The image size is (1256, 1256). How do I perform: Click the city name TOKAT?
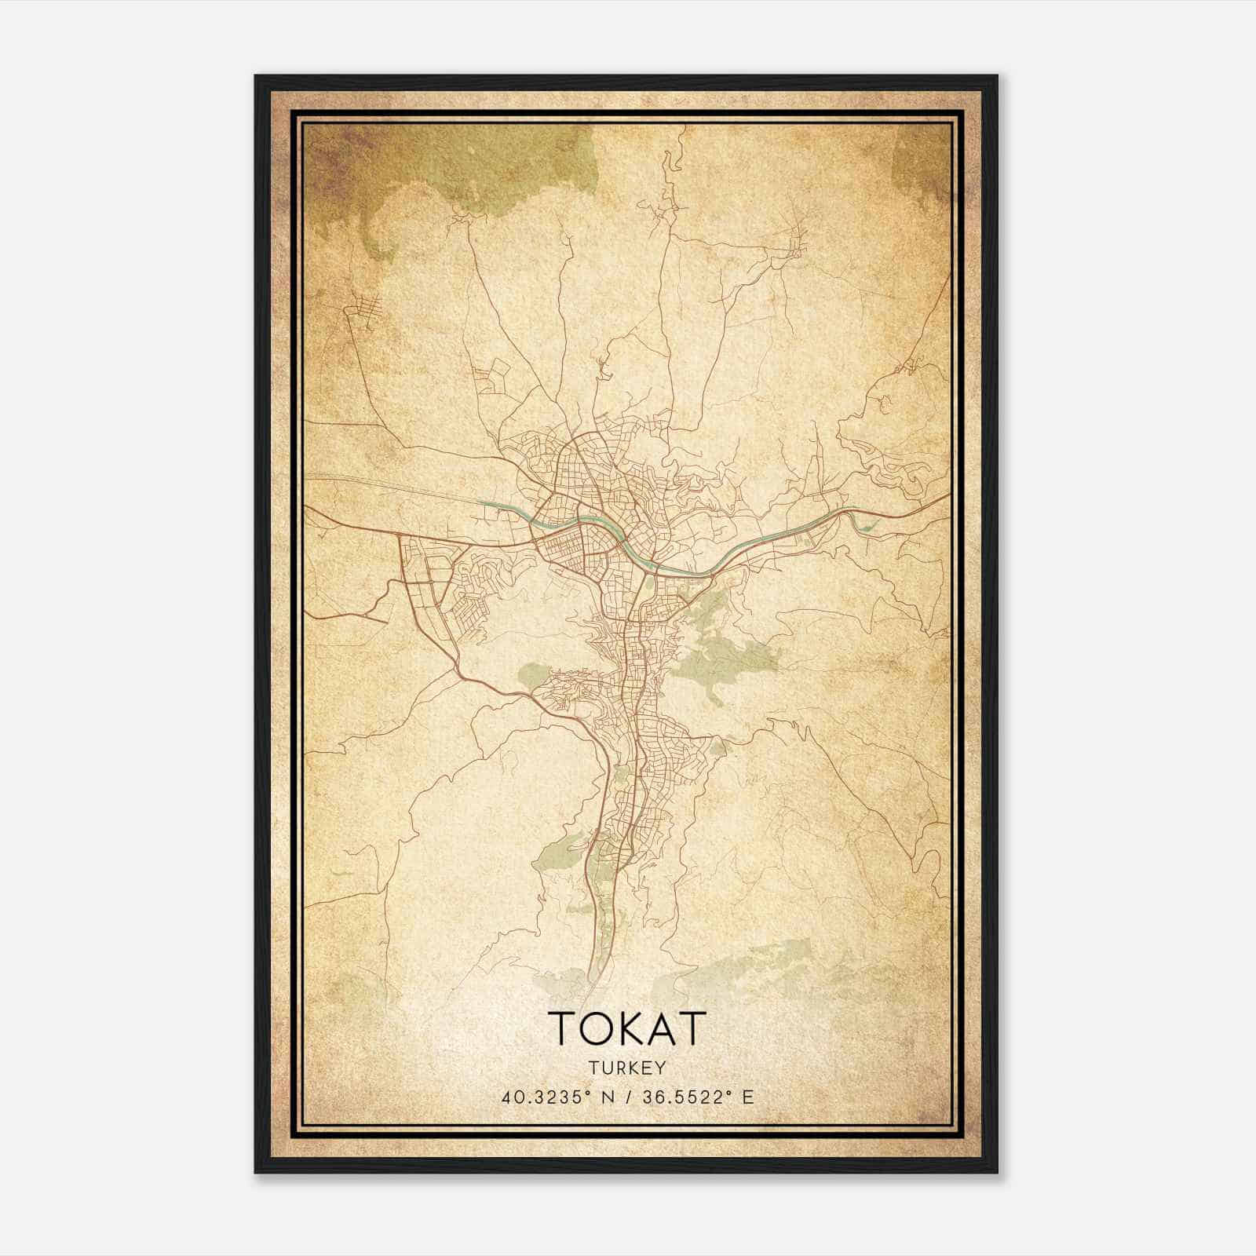[x=627, y=1028]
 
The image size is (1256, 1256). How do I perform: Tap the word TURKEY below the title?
[x=627, y=1068]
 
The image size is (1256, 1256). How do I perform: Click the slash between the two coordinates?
[x=625, y=1097]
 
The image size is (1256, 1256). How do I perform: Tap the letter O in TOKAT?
[x=593, y=1028]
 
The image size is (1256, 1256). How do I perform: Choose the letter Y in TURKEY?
[x=661, y=1068]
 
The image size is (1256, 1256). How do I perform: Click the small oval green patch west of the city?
[x=533, y=674]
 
